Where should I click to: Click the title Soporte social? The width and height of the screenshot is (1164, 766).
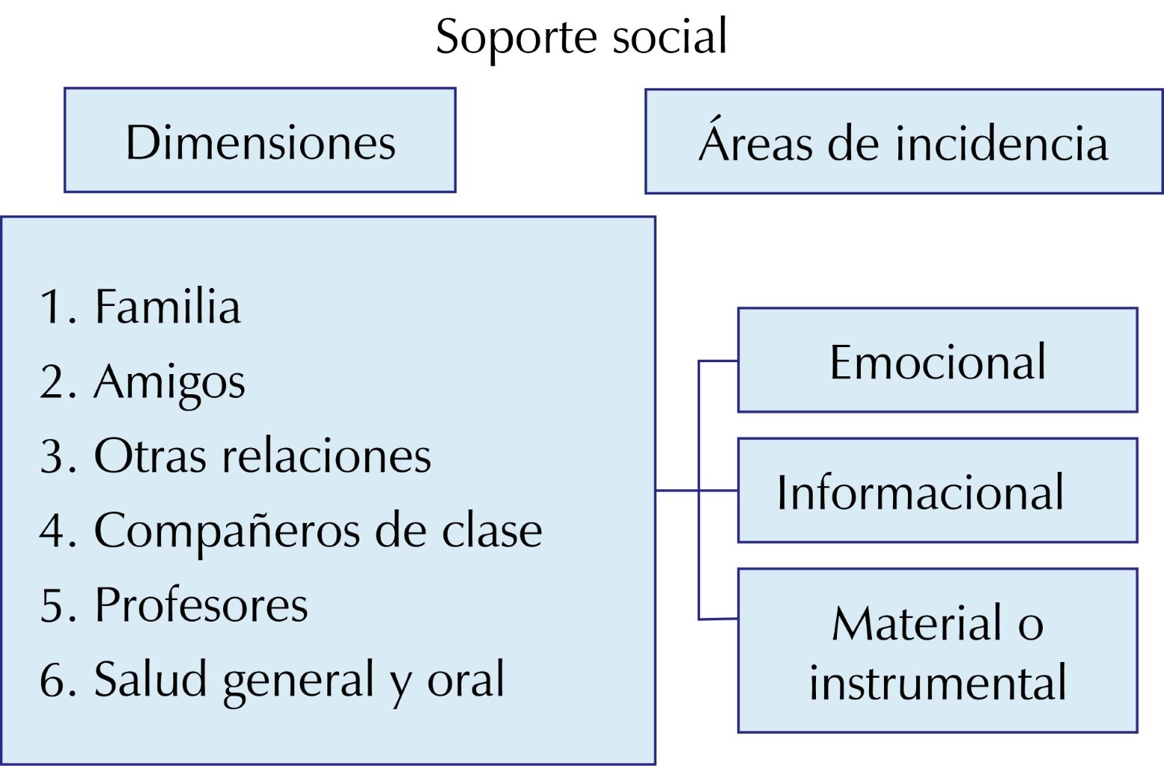click(x=581, y=37)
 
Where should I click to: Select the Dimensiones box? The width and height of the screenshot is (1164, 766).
click(x=260, y=141)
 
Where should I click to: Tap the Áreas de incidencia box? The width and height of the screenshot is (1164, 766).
click(x=904, y=142)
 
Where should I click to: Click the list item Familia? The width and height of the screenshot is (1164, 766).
click(x=167, y=307)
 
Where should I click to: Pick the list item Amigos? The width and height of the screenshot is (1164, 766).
click(x=169, y=382)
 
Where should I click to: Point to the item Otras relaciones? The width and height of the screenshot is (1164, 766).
click(x=262, y=456)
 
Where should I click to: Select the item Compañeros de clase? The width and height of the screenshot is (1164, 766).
click(x=317, y=530)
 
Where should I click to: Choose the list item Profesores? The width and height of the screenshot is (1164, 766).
click(x=201, y=604)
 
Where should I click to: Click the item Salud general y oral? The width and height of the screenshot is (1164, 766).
click(x=299, y=679)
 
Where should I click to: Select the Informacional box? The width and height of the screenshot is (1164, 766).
click(x=937, y=491)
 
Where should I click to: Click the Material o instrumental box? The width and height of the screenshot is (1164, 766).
click(x=937, y=651)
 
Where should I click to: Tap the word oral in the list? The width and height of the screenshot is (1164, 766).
click(x=466, y=679)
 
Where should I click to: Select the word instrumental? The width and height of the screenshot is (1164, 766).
click(x=937, y=681)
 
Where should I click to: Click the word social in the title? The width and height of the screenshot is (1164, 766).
click(x=669, y=37)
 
